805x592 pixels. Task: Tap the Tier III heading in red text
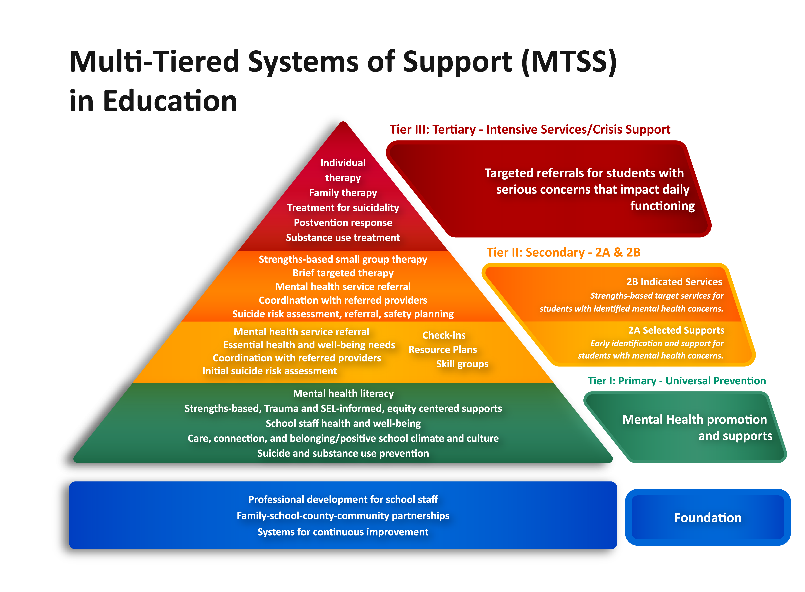530,129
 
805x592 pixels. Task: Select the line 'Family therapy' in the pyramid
343,193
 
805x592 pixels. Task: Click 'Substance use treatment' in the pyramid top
343,238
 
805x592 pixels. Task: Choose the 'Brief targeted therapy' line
343,273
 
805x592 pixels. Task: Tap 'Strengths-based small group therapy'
343,259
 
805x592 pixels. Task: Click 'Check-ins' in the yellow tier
444,335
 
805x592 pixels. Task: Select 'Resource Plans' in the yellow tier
443,350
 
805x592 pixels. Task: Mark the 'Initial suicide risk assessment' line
270,371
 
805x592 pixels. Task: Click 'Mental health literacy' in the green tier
343,393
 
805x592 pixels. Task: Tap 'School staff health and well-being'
343,424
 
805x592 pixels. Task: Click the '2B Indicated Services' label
674,282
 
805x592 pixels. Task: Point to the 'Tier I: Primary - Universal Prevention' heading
677,381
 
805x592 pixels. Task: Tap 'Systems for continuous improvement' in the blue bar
343,532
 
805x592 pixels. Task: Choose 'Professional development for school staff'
343,500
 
